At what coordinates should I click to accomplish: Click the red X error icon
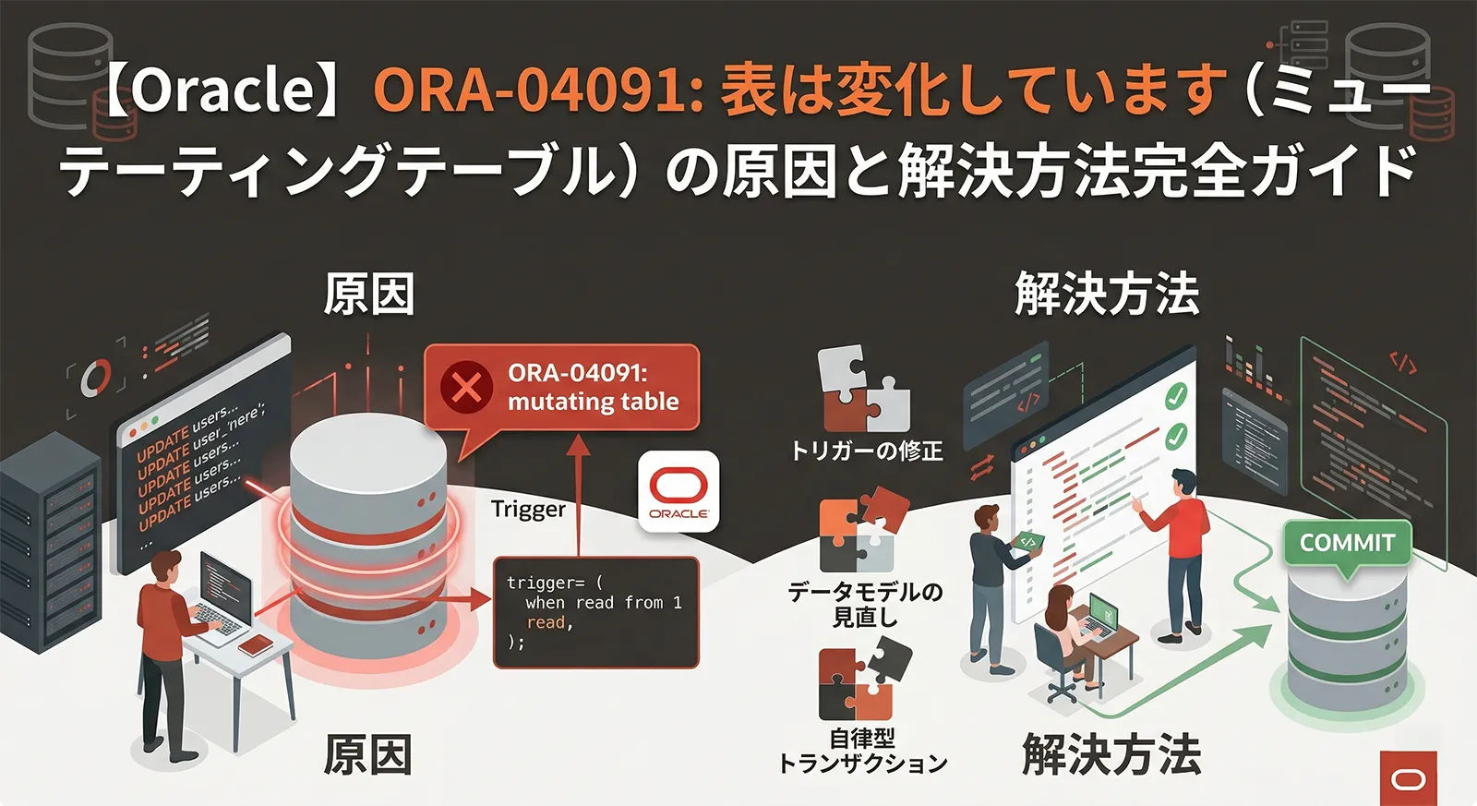click(x=466, y=387)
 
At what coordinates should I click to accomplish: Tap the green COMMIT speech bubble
click(x=1347, y=544)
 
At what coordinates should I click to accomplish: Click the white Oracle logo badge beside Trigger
click(x=678, y=491)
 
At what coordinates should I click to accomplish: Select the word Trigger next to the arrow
click(x=528, y=509)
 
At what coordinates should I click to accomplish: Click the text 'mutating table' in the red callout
click(x=593, y=402)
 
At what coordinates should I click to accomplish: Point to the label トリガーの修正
click(x=866, y=451)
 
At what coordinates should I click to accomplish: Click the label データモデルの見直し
click(x=865, y=604)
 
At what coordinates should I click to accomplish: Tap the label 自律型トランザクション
click(x=863, y=751)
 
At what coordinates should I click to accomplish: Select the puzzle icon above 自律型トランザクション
click(x=863, y=683)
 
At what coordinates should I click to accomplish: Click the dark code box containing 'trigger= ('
click(x=595, y=612)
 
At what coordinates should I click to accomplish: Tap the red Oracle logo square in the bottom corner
click(x=1409, y=778)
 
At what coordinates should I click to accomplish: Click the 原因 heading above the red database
click(x=369, y=295)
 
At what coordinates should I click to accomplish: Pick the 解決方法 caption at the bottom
click(x=1111, y=755)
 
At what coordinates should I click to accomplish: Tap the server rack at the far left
click(x=46, y=545)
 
